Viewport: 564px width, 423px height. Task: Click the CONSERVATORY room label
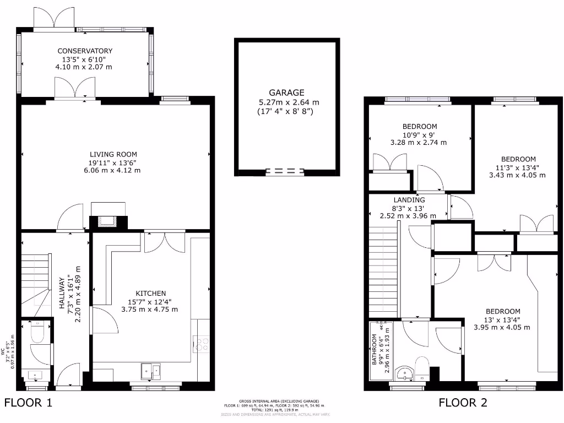pos(85,51)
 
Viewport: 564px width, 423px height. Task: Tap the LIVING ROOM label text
pos(113,154)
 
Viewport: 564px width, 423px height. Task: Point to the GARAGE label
pos(286,93)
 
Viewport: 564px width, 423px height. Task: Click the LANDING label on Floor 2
pos(409,200)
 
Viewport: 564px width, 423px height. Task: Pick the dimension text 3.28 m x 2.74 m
pos(418,142)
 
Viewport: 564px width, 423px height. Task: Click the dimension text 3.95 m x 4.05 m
pos(502,327)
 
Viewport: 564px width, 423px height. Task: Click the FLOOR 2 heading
pos(463,403)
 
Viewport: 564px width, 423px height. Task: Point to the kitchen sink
pos(150,371)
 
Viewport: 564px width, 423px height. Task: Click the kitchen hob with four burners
pos(201,345)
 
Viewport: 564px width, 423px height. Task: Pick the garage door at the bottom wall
pos(285,171)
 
